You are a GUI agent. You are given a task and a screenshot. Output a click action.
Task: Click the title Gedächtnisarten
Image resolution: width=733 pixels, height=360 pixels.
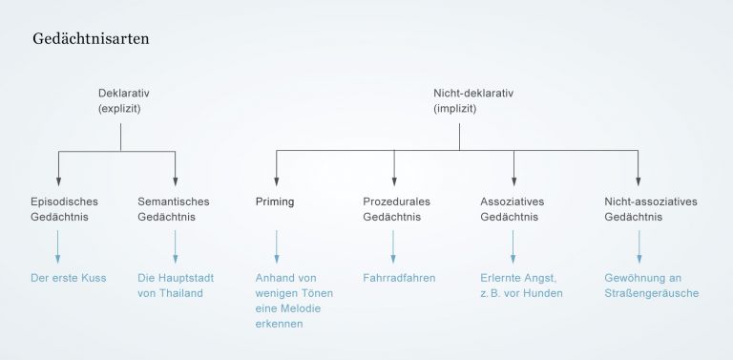click(90, 41)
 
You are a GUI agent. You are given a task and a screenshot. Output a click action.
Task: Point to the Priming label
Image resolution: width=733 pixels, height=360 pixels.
click(275, 202)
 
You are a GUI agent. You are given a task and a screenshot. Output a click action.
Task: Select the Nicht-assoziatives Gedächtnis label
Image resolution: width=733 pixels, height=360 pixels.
click(651, 209)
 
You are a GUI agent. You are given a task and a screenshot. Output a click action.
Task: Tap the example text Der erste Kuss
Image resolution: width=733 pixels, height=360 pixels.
click(69, 278)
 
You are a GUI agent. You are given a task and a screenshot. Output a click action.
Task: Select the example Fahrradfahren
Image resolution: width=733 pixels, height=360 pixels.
click(399, 278)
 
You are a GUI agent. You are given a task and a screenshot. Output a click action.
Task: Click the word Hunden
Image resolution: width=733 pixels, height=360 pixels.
click(545, 293)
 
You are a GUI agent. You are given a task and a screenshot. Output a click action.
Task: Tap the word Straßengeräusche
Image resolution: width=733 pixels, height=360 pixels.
click(652, 293)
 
